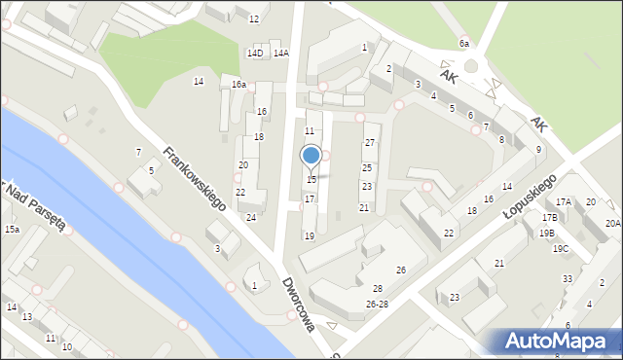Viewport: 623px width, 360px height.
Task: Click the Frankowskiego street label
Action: (195, 179)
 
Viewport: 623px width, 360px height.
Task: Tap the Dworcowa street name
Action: (299, 305)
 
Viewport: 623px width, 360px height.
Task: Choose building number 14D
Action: (255, 54)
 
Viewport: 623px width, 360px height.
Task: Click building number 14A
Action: (281, 54)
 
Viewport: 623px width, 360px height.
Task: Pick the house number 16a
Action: (238, 85)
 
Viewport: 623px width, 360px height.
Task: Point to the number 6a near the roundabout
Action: (464, 44)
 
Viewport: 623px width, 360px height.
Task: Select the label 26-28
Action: (377, 304)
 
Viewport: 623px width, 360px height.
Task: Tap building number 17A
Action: (564, 201)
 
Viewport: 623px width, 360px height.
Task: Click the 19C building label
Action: (561, 248)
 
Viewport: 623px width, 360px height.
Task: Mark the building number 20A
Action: (612, 223)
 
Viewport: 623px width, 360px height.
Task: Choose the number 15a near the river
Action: (12, 229)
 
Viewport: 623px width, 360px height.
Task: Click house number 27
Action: (370, 143)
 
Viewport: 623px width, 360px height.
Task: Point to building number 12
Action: (254, 18)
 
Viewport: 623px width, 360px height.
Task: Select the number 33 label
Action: (568, 279)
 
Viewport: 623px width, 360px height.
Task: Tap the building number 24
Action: (251, 217)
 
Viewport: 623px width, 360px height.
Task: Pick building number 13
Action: (27, 317)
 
